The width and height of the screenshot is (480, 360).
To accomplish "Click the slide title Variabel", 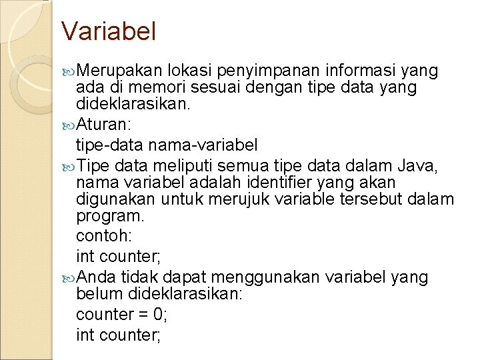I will coord(108,31).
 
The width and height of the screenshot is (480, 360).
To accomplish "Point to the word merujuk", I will coord(235,199).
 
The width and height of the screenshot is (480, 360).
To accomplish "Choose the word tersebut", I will coord(369,199).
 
